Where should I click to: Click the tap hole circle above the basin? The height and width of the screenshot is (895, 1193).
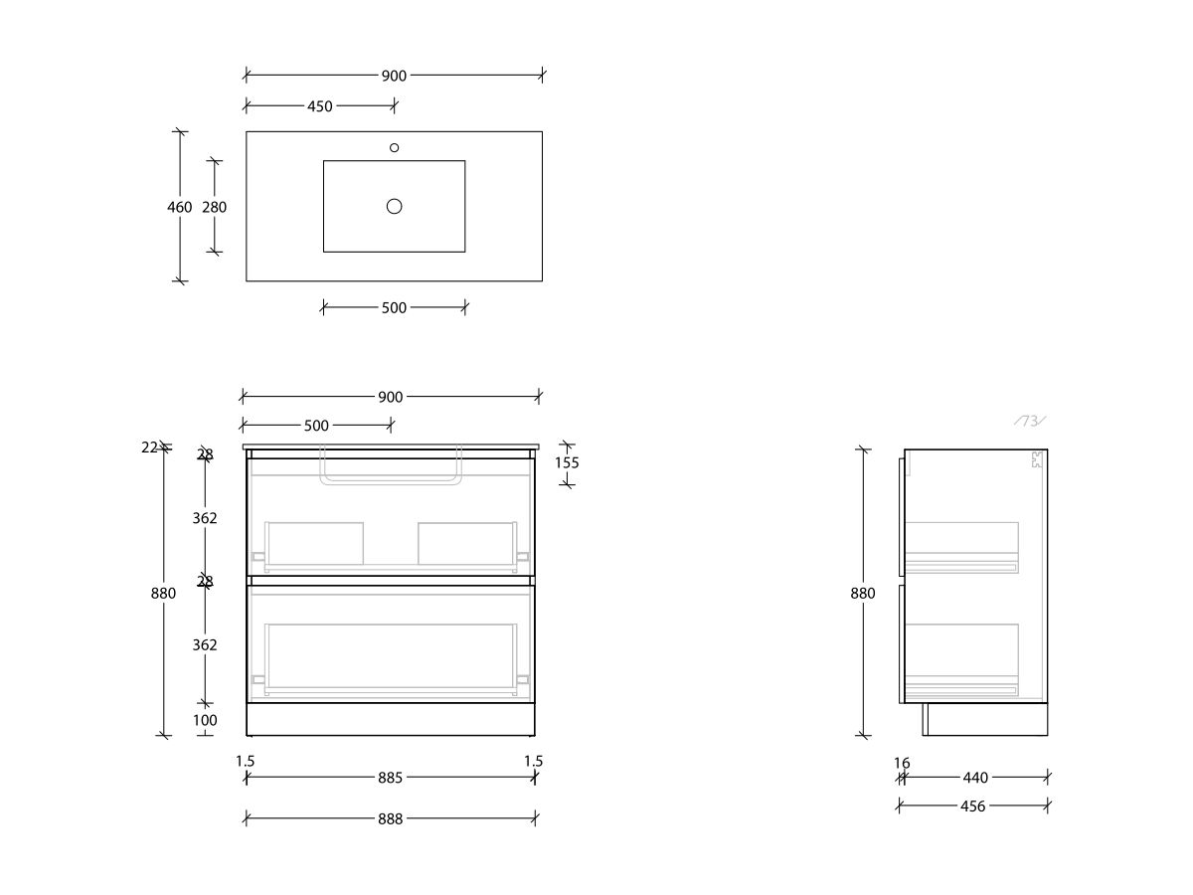(395, 147)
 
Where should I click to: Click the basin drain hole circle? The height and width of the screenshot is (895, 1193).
(395, 206)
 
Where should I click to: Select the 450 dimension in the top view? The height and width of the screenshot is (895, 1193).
(319, 106)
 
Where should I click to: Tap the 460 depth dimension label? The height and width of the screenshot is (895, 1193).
(180, 207)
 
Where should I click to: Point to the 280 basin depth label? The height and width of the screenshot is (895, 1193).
(214, 207)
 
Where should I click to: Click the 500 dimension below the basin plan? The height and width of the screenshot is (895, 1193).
(394, 308)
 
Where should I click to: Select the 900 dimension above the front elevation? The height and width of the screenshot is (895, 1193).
(391, 397)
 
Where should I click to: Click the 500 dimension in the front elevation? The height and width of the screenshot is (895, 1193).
(316, 426)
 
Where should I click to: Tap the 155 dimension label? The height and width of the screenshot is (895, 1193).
(567, 462)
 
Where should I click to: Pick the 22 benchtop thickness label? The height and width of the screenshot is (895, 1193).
(149, 447)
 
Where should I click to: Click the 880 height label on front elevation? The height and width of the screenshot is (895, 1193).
(163, 594)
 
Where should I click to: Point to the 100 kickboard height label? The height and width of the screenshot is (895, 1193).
(205, 720)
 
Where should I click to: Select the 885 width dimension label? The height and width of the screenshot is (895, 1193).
(391, 778)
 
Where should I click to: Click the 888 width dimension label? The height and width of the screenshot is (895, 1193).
(391, 819)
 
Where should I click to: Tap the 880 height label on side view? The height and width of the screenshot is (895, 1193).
(863, 594)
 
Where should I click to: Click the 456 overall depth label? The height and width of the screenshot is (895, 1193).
(973, 806)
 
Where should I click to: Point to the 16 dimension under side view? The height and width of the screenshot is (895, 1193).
(902, 764)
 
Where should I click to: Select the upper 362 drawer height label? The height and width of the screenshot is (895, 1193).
(205, 518)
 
